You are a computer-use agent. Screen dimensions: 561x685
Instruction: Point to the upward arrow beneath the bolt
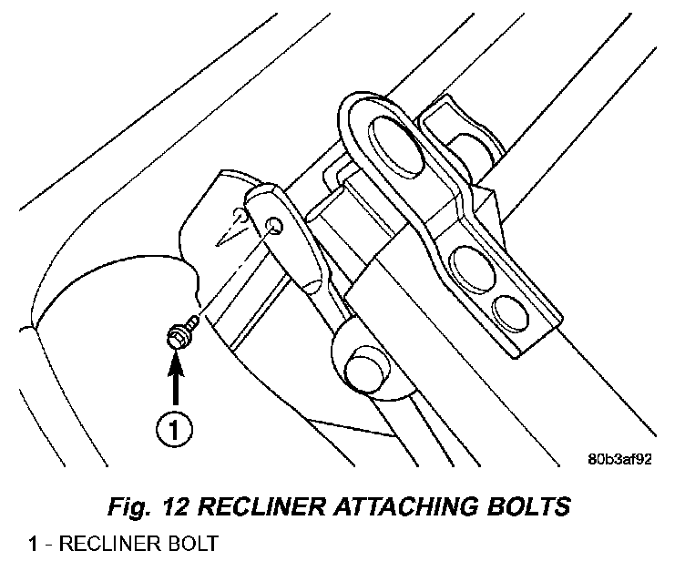(177, 378)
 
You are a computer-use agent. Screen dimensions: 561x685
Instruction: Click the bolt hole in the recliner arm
(272, 224)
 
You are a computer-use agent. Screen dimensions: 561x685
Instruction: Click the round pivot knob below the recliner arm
(362, 366)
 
